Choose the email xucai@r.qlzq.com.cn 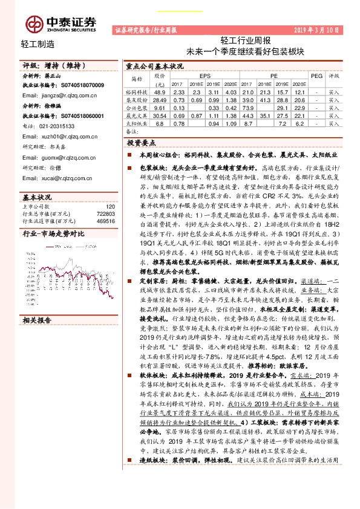coord(62,179)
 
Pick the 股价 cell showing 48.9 coord(160,91)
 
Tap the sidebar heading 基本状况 coord(36,198)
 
